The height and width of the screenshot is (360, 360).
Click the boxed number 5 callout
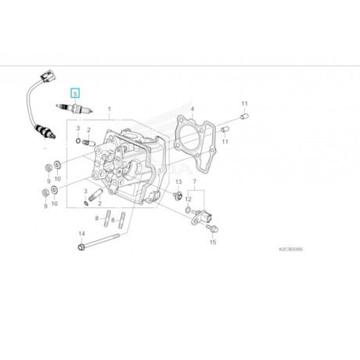tap(75, 92)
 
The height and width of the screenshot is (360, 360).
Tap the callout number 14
tap(82, 233)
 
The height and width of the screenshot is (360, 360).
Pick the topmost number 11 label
tap(243, 103)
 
